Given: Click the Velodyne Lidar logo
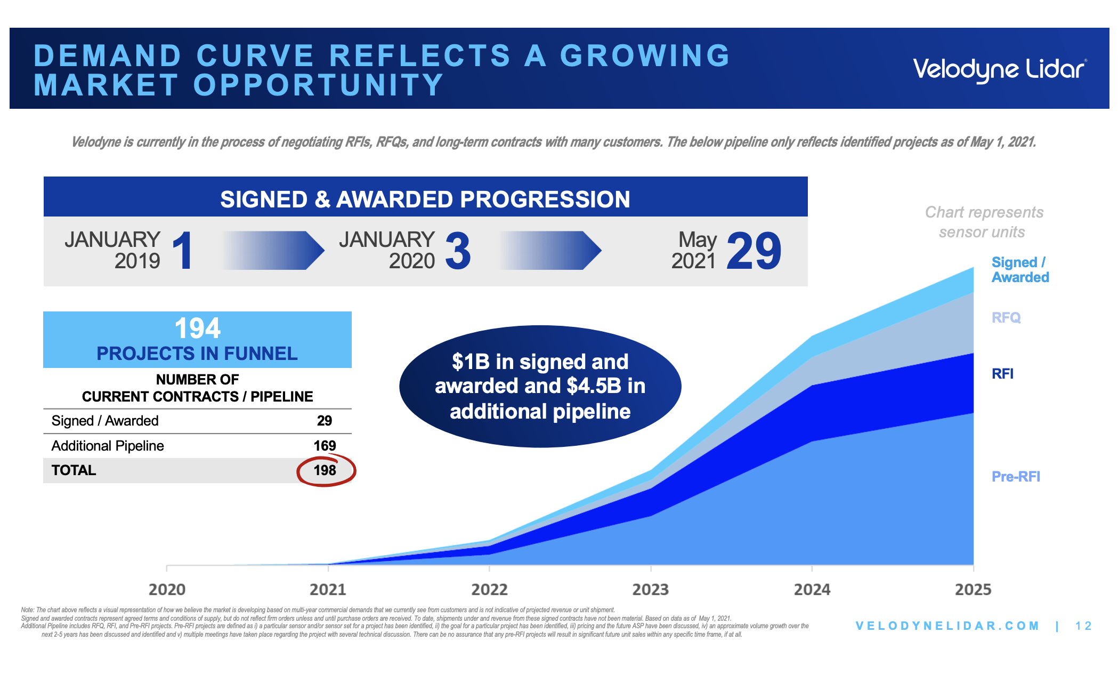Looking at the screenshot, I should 1000,70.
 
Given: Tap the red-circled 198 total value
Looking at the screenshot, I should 325,470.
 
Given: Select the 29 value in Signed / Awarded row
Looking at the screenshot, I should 324,421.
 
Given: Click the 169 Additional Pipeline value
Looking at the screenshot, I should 324,446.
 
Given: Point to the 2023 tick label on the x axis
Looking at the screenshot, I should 650,589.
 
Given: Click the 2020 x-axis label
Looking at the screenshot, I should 167,589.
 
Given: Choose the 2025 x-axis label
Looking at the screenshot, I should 973,589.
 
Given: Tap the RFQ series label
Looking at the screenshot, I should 1006,318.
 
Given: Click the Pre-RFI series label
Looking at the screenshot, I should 1015,476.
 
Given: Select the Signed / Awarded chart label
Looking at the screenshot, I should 1019,270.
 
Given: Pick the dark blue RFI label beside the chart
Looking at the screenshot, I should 1002,374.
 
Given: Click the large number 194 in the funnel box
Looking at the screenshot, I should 197,329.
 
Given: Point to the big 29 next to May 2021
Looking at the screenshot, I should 754,251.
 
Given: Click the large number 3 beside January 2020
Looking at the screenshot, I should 458,251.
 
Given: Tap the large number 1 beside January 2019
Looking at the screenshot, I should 183,251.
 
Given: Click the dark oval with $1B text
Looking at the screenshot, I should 540,387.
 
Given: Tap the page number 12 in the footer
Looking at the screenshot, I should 1083,626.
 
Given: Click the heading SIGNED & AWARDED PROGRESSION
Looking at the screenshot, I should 425,199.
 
